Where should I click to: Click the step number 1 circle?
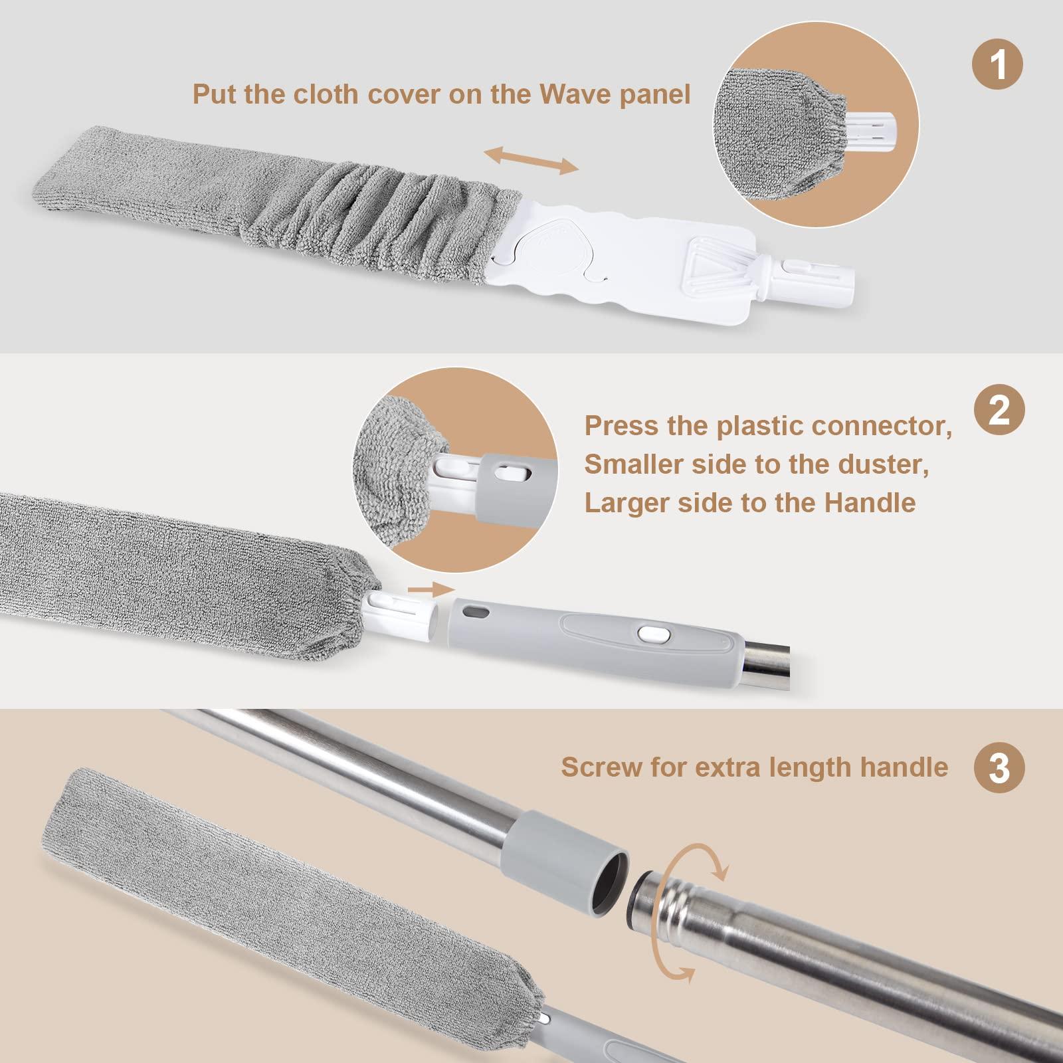998,65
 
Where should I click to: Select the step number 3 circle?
999,767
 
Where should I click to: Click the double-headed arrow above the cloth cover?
531,161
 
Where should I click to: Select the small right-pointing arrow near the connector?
431,589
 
